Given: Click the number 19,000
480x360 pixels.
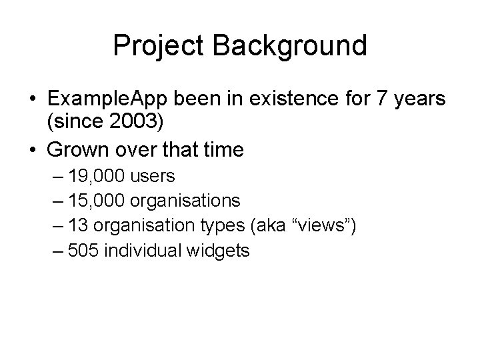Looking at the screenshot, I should pyautogui.click(x=100, y=177).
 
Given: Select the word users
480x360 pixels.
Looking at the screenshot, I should pyautogui.click(x=153, y=177).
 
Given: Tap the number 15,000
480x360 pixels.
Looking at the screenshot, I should pyautogui.click(x=100, y=201).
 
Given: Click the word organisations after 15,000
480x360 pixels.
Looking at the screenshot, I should pyautogui.click(x=186, y=201).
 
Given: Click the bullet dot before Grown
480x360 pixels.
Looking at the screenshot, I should pyautogui.click(x=31, y=151).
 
